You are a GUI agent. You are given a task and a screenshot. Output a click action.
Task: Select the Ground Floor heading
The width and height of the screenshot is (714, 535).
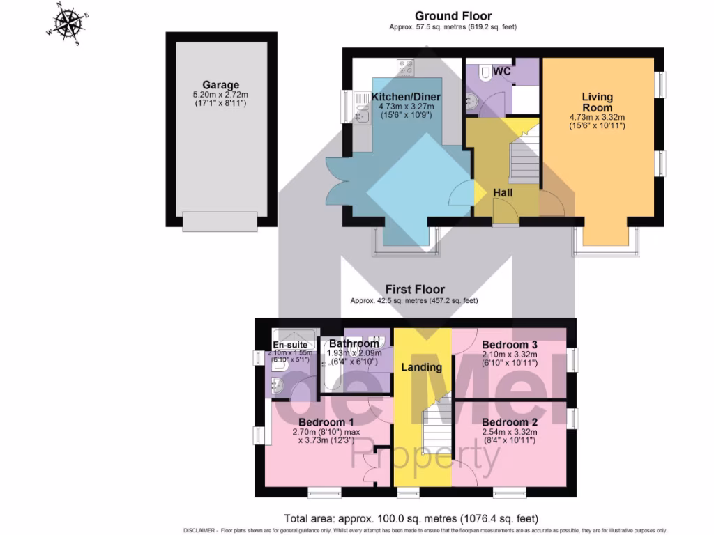click(x=453, y=15)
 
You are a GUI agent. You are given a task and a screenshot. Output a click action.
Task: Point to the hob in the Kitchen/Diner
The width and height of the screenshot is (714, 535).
click(x=405, y=68)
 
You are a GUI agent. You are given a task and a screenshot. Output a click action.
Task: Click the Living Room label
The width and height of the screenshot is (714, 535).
click(x=598, y=102)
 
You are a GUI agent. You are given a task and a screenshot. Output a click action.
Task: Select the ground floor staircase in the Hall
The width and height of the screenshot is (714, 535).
click(x=522, y=157)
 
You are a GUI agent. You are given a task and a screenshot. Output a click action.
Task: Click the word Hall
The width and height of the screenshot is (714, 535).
click(x=503, y=192)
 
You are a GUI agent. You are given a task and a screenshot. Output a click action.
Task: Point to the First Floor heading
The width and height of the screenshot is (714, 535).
click(x=415, y=289)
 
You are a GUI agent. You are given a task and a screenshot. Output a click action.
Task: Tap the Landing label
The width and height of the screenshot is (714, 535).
click(x=422, y=367)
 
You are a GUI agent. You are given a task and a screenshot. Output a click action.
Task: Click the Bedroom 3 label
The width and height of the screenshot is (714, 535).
click(x=509, y=345)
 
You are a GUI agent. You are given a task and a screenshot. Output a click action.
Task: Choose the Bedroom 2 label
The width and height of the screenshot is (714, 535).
click(x=509, y=422)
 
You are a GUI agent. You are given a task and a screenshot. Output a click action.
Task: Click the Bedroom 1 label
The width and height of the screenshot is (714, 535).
click(x=326, y=422)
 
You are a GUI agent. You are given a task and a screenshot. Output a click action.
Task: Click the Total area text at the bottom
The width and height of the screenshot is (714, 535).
click(x=411, y=518)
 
